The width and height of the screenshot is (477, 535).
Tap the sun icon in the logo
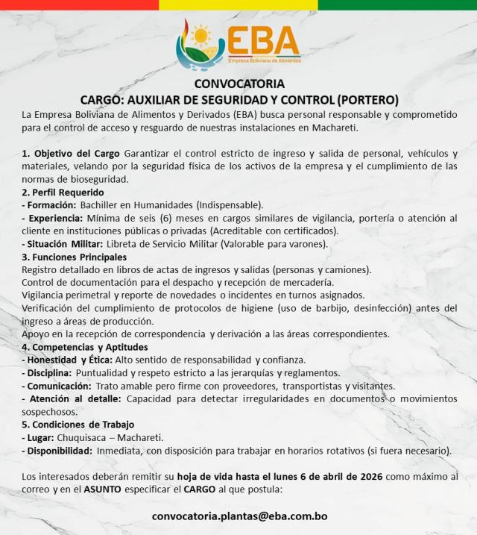click(x=200, y=34)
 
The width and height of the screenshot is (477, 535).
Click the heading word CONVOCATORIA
click(x=238, y=84)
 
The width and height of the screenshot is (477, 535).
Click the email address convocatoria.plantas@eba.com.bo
click(x=239, y=516)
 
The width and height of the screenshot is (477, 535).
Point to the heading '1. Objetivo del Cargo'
click(x=72, y=154)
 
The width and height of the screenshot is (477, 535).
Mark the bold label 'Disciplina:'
click(x=48, y=372)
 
